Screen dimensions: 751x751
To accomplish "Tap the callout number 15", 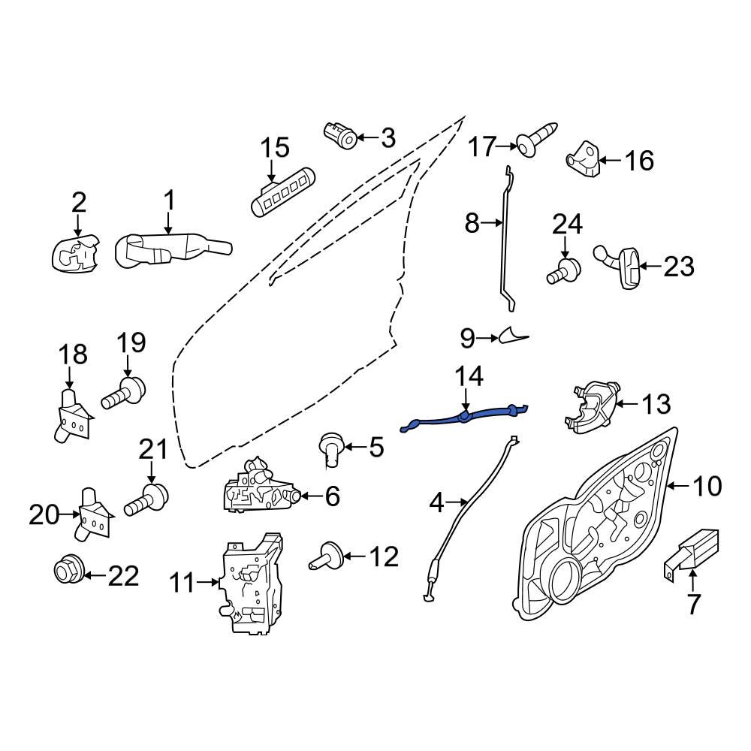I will [x=276, y=148].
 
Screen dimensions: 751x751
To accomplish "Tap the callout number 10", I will [x=705, y=486].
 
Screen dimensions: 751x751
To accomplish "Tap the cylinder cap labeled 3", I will [x=342, y=136].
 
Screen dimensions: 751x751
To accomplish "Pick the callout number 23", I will [x=679, y=267].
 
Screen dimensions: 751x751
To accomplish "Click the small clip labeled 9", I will [x=513, y=334].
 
